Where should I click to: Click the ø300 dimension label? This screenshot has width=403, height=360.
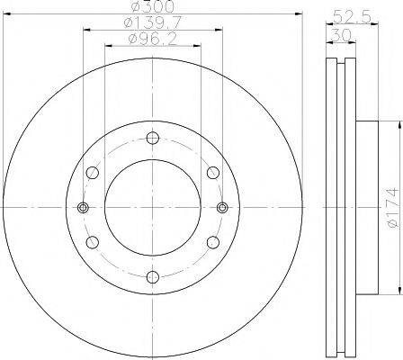click(153, 8)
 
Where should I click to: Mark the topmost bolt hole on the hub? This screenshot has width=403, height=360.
click(152, 138)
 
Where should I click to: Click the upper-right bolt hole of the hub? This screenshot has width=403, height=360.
click(212, 173)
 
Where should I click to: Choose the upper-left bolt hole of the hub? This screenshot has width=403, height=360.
click(92, 173)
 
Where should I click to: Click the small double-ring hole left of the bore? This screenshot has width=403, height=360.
click(83, 207)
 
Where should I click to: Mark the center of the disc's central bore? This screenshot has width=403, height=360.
click(152, 207)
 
